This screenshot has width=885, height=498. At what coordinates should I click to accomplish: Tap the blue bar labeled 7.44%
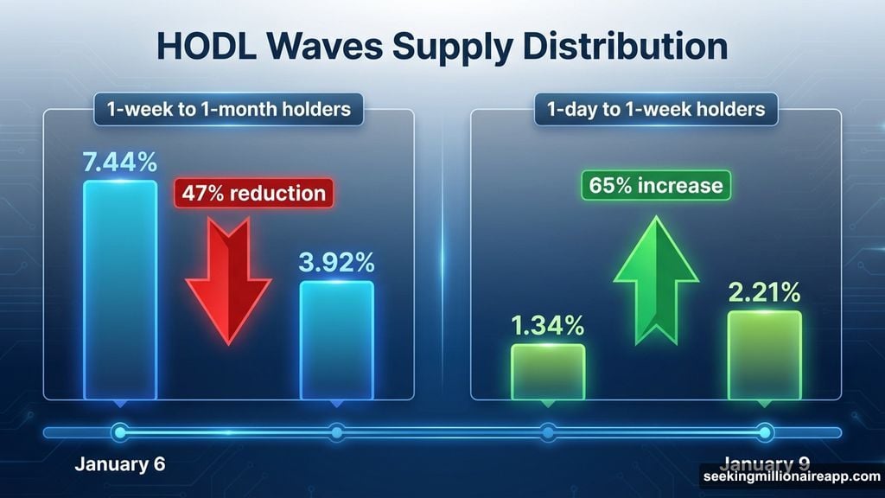coord(120,290)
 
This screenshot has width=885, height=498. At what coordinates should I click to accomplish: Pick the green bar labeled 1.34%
coord(548,371)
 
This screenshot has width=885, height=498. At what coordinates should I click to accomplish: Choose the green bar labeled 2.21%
coord(764,354)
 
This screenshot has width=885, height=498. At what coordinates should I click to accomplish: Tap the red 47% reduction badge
coord(253,192)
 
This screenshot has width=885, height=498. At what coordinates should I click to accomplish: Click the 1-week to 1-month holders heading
coord(228,110)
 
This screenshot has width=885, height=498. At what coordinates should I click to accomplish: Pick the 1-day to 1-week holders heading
coord(657,110)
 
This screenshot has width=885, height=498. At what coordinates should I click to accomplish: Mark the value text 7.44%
coord(120,161)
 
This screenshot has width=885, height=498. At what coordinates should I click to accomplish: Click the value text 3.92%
coord(337,262)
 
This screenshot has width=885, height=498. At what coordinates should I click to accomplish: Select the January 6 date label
coord(119,464)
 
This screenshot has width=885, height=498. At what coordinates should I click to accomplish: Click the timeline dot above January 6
coord(119,431)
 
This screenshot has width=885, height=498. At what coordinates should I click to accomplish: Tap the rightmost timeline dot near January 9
coord(764,431)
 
